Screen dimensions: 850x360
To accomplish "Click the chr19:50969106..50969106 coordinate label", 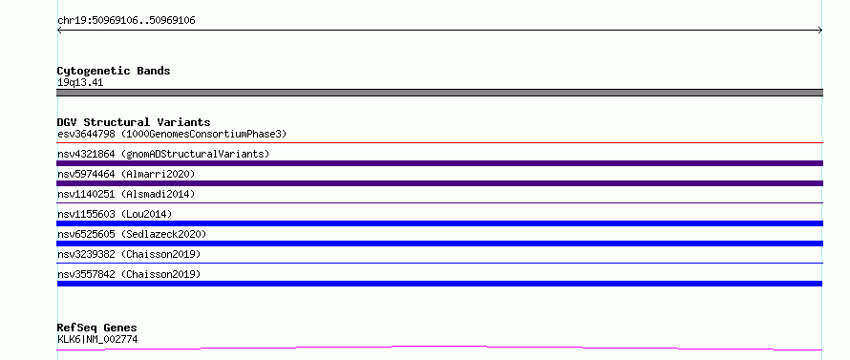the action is tap(126, 21).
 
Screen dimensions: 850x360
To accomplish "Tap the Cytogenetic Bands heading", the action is tap(114, 71).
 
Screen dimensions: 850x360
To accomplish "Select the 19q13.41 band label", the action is tap(80, 83).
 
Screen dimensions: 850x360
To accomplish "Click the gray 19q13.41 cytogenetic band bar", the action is tap(439, 93).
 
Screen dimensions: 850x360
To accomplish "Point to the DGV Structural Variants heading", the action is tap(134, 122).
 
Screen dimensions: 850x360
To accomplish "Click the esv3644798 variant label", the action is tap(172, 134).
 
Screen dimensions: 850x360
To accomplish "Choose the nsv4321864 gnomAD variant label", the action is tap(163, 154).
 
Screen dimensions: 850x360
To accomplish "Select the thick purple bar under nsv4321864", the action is tap(439, 163).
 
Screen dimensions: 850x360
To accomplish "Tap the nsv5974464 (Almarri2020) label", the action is tap(126, 174).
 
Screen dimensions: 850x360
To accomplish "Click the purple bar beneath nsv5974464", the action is tap(439, 183).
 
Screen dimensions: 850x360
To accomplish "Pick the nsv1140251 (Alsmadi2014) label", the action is tap(126, 194).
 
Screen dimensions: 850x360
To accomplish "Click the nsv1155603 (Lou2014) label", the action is tap(115, 214).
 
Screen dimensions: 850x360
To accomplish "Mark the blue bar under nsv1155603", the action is tap(439, 223).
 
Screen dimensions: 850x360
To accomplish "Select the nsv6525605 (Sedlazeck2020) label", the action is tap(132, 234).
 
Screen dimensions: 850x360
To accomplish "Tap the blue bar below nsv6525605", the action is tap(439, 244).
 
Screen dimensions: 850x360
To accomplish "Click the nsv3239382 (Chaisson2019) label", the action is tap(129, 254).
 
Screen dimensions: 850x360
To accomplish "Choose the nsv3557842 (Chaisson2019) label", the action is tap(129, 274).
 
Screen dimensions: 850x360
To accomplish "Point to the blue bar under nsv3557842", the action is tap(439, 284).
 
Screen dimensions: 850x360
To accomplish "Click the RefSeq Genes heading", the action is tap(97, 328).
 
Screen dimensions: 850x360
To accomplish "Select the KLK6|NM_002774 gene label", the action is tap(97, 340).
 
